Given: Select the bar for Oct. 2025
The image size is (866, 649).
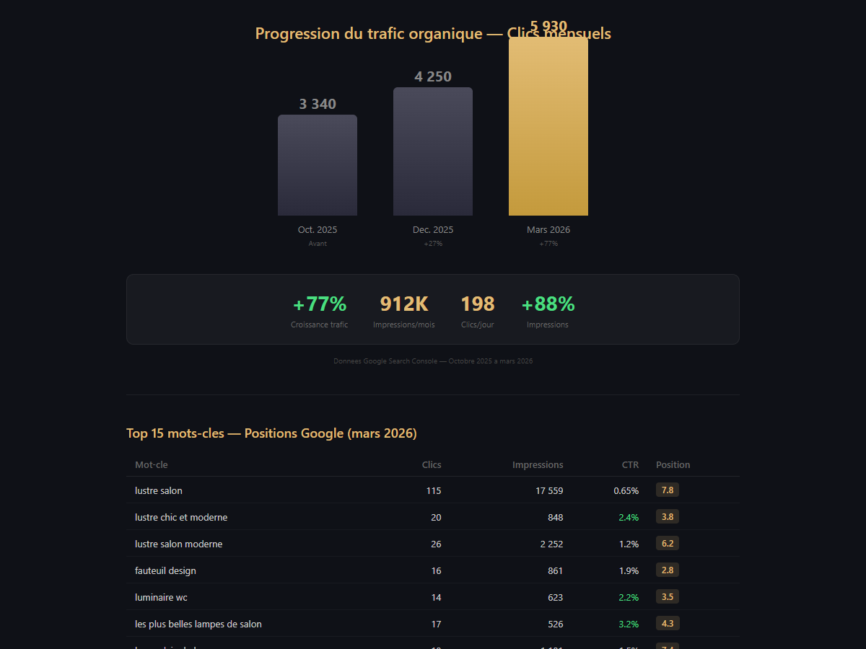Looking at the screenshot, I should (318, 165).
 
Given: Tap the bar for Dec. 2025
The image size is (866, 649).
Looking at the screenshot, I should (433, 151).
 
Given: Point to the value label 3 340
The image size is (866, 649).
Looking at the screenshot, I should (318, 105).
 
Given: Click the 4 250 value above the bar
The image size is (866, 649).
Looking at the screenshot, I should (433, 77).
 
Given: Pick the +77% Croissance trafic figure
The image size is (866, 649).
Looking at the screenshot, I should (320, 304).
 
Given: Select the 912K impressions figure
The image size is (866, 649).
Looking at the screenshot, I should (404, 304).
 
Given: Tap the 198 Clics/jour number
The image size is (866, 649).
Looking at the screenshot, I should (478, 304).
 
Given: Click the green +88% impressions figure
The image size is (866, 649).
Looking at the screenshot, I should (548, 304).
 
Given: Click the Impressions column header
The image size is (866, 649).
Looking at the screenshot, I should (538, 465).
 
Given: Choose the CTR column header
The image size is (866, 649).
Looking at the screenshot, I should (630, 465).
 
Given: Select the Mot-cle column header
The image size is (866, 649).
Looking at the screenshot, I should (152, 465).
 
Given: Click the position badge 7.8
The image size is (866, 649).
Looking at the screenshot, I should (668, 490).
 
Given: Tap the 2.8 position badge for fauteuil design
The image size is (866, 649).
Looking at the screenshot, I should (668, 570).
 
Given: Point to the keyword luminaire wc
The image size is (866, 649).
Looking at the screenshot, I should (161, 597).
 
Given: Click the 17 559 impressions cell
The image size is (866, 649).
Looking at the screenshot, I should (549, 491).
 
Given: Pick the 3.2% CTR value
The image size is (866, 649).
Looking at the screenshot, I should (629, 624).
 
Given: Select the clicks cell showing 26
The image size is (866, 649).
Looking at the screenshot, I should (436, 544).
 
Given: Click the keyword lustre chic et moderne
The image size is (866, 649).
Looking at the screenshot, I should (181, 518).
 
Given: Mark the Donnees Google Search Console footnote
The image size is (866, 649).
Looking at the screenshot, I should (433, 361).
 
